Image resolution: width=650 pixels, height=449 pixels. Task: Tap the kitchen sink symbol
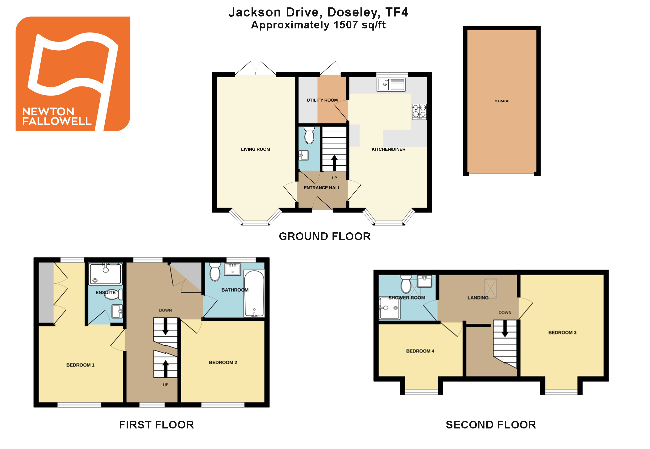391,84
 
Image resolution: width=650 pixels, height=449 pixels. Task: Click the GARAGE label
501,101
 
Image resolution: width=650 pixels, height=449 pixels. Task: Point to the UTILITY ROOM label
322,100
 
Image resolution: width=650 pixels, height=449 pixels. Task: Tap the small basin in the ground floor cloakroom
303,155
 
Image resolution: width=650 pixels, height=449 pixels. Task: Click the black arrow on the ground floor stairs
334,163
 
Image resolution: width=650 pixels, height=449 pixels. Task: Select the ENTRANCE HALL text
322,188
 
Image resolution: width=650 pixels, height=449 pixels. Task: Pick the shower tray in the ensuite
105,274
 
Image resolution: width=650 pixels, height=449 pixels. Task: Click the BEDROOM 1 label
80,365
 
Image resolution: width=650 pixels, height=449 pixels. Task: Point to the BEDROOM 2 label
223,362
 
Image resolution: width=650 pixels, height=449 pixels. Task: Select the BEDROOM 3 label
562,332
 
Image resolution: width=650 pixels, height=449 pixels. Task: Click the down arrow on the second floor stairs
505,329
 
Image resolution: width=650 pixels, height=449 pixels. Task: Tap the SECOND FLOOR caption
491,425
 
